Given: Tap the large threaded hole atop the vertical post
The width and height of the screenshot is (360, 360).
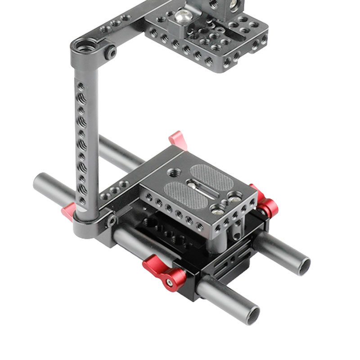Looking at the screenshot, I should coord(85,45).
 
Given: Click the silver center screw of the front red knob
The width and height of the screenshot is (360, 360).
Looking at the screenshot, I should coord(170,283).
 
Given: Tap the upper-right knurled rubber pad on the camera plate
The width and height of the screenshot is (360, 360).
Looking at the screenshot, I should coord(211,175).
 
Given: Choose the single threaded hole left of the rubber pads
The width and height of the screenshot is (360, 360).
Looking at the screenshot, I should coord(173,171).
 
